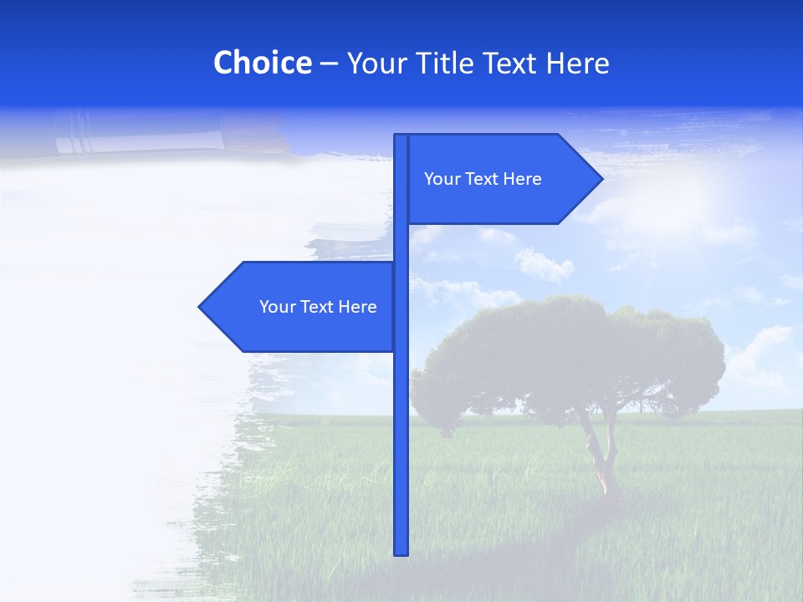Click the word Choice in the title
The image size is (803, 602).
[262, 64]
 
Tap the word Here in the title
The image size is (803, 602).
[577, 64]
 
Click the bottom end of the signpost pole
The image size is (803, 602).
[401, 552]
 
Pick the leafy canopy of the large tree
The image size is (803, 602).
[569, 351]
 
